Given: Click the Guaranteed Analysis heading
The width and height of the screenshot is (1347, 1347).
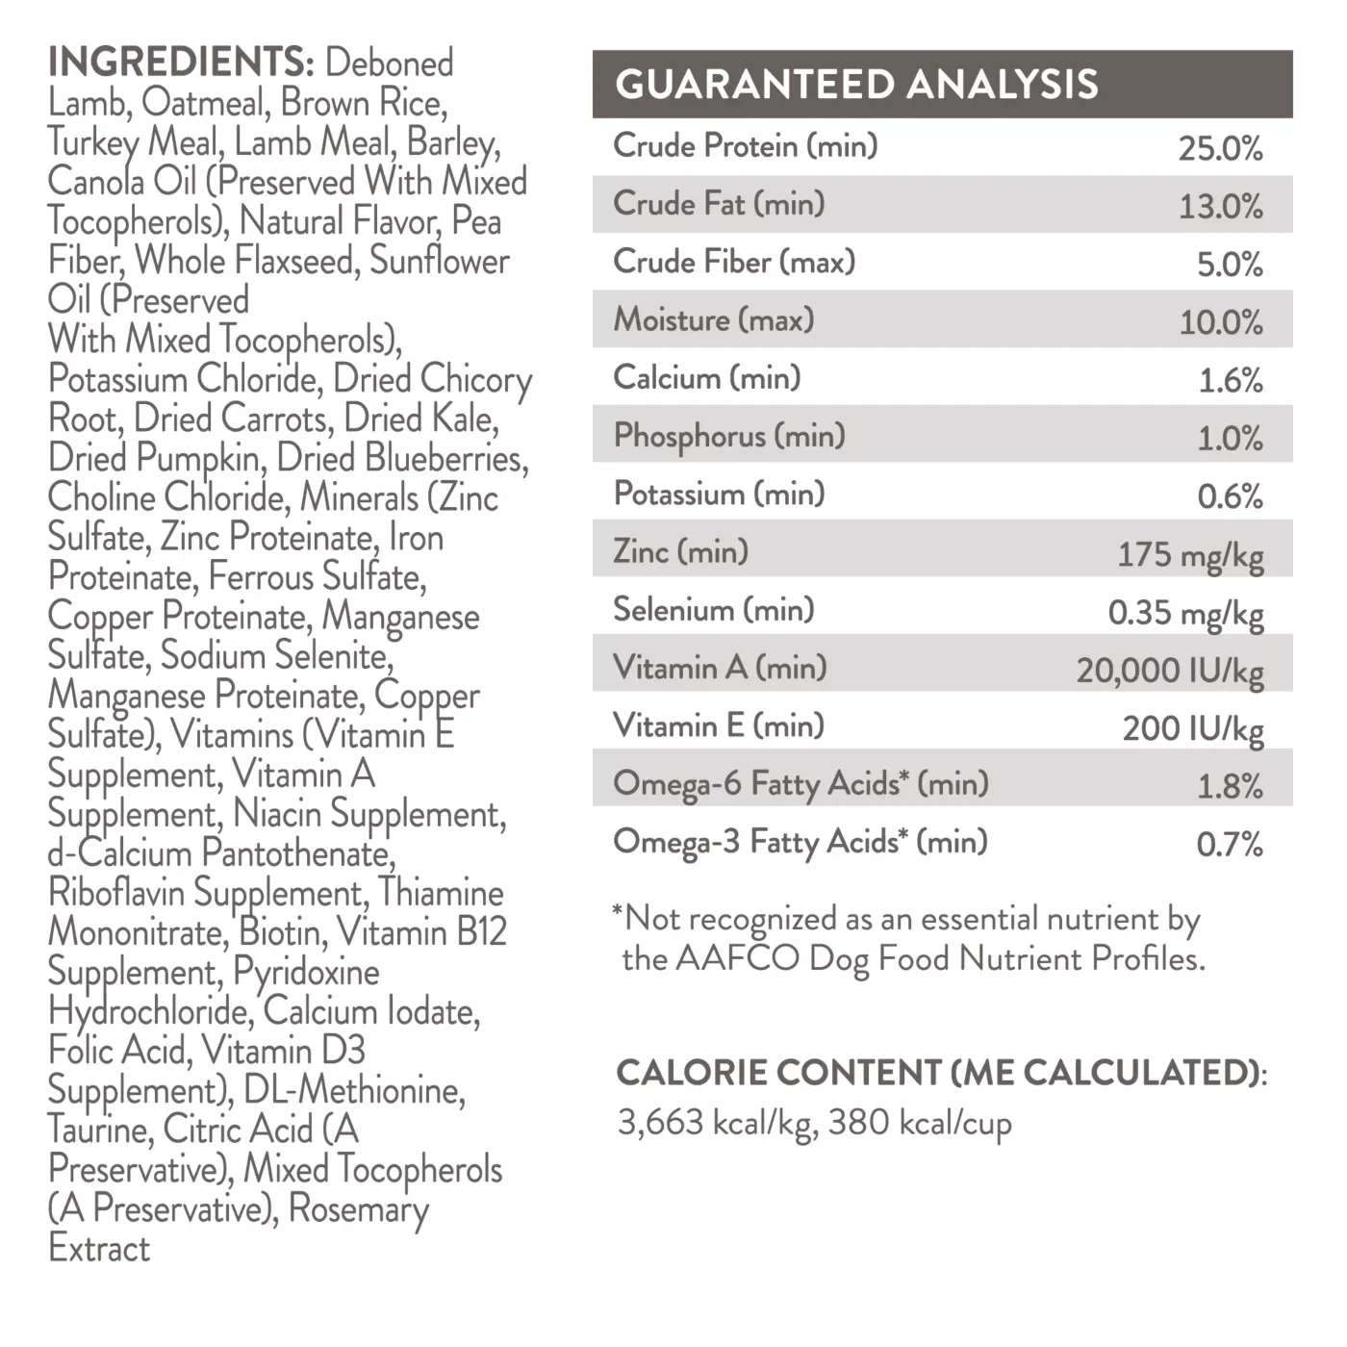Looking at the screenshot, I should coord(856,85).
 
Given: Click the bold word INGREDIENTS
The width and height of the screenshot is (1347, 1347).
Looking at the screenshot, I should coord(181,63).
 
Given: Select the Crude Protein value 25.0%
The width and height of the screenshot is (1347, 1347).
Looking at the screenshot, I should coord(1220,148).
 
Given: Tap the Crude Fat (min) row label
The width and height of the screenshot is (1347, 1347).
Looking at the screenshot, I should coord(719,204).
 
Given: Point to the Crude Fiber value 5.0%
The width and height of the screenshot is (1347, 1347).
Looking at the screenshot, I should coord(1229,265).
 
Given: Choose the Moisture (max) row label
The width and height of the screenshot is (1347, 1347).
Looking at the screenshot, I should coord(714,319).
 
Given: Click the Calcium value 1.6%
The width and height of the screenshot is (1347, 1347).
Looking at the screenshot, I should coord(1230,381).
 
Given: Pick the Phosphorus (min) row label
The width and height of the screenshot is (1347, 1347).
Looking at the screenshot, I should coord(729,436).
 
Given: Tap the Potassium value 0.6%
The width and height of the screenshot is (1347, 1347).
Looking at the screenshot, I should coord(1229,496).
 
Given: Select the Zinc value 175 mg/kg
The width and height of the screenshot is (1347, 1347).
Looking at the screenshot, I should coord(1190,555).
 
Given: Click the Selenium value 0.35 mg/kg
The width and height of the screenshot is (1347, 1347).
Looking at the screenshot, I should coord(1185,613).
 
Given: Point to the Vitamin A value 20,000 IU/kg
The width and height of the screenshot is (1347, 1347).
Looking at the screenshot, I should coord(1170,671).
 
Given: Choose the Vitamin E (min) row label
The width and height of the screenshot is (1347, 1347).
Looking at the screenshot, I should coord(719,725).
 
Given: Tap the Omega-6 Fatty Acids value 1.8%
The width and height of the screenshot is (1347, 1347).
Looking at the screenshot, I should coord(1229,787).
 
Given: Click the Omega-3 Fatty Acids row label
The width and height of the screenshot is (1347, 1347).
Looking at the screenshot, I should coord(801,842).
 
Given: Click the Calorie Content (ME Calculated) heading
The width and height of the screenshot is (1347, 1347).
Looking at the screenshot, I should coord(941,1073).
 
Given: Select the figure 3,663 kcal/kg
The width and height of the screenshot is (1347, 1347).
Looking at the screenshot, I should coord(717,1123).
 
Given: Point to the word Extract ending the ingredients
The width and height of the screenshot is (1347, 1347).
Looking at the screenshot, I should coord(99,1249).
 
